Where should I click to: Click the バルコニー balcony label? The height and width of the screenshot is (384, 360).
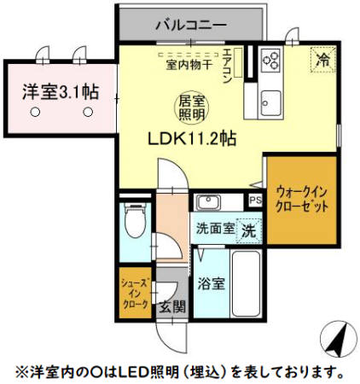click(x=190, y=25)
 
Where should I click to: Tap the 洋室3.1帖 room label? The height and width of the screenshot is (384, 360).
click(x=58, y=90)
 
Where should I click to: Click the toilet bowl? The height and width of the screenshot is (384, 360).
click(x=134, y=225)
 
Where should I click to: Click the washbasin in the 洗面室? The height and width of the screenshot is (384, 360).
click(x=208, y=202)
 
